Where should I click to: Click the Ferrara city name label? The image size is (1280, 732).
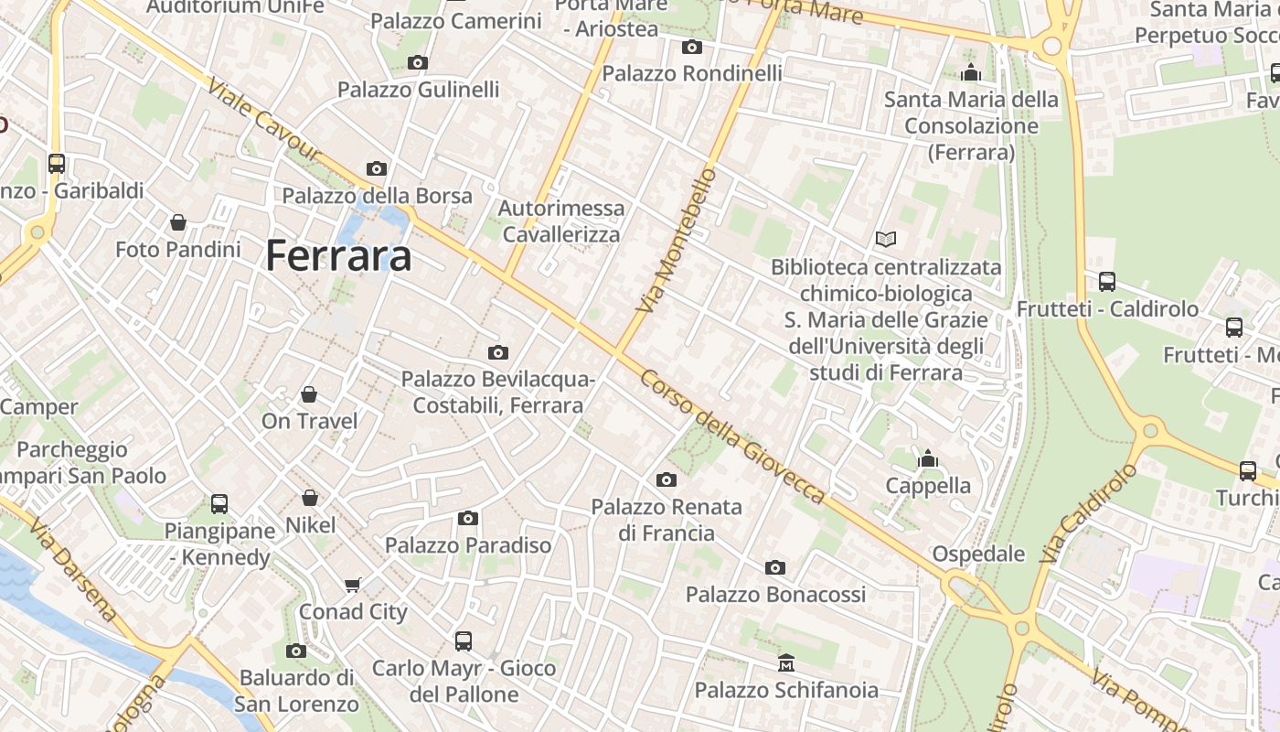(x=338, y=256)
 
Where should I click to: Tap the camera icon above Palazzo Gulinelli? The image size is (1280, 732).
(x=418, y=62)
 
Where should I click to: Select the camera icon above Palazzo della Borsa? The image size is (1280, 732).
(x=377, y=168)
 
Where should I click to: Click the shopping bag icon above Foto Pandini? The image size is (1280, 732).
(x=178, y=222)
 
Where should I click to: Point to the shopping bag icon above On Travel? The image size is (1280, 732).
(x=309, y=394)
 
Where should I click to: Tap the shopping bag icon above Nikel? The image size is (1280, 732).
(x=310, y=498)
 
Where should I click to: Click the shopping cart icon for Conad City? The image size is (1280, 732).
(x=353, y=585)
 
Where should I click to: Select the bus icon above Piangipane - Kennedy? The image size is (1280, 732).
(x=219, y=503)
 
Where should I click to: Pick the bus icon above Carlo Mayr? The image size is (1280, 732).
(x=464, y=640)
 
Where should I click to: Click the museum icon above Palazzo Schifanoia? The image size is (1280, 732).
(x=786, y=662)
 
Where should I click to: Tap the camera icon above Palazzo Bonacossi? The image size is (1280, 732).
(x=775, y=567)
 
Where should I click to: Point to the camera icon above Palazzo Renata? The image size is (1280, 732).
(x=667, y=479)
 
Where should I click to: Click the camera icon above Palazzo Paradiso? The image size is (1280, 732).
(x=468, y=519)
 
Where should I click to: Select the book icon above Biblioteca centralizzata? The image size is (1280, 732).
(x=885, y=240)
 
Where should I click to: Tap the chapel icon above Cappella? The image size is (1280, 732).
(x=928, y=458)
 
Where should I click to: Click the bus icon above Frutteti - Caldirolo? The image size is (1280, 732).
(x=1106, y=282)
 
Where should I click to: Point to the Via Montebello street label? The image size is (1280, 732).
(x=675, y=241)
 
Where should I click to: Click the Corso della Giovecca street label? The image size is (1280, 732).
(x=732, y=437)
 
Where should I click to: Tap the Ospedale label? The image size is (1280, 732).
(x=978, y=554)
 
